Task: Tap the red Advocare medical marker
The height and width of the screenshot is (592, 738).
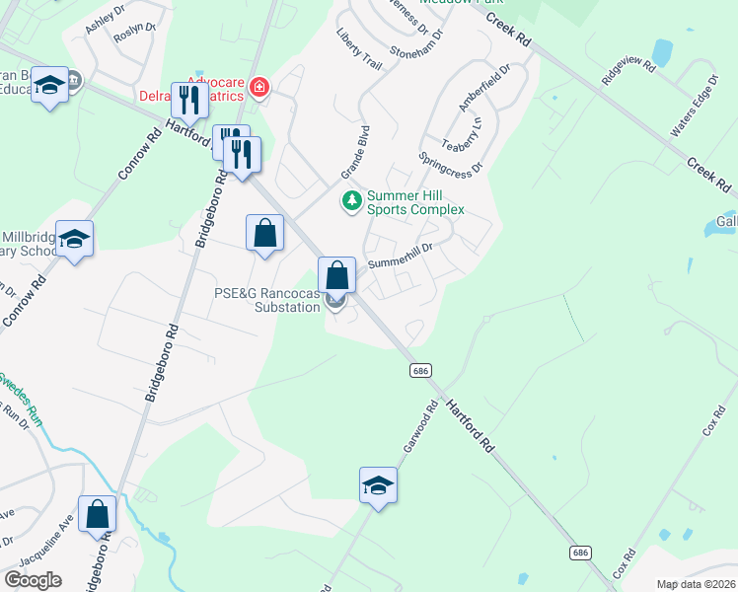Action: click(x=259, y=89)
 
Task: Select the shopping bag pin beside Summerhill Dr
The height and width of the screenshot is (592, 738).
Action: click(x=336, y=274)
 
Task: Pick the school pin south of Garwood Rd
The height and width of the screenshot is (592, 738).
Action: click(x=378, y=484)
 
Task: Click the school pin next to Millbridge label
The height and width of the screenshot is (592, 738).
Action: click(x=74, y=239)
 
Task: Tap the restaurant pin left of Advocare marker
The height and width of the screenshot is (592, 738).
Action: click(x=188, y=99)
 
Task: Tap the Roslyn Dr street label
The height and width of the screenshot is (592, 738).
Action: click(x=136, y=39)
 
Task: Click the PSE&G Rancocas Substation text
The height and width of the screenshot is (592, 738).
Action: click(x=268, y=300)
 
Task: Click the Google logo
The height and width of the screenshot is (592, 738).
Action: click(x=33, y=580)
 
